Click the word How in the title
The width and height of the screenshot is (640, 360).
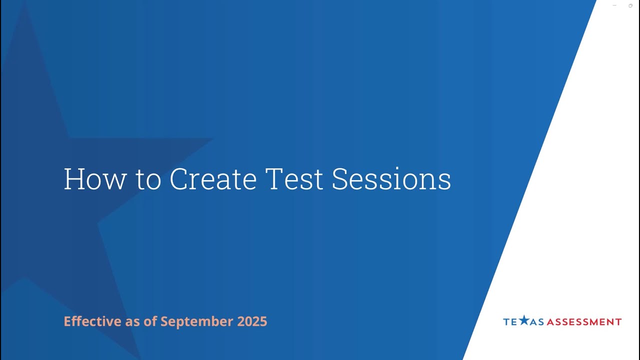[x=95, y=179]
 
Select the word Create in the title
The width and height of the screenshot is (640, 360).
[x=213, y=179]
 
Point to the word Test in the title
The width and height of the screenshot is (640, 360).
[x=294, y=179]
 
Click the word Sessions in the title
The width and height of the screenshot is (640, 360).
[x=391, y=179]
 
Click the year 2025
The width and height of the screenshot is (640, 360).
[x=252, y=321]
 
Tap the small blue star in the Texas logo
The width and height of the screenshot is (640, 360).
[x=523, y=320]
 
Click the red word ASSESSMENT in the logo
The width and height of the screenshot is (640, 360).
[x=584, y=322]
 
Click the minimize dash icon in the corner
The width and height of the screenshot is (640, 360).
[x=614, y=5]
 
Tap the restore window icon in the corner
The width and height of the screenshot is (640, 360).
[x=630, y=5]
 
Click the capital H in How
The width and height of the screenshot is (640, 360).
[x=73, y=179]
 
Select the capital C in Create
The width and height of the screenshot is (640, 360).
[x=179, y=179]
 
